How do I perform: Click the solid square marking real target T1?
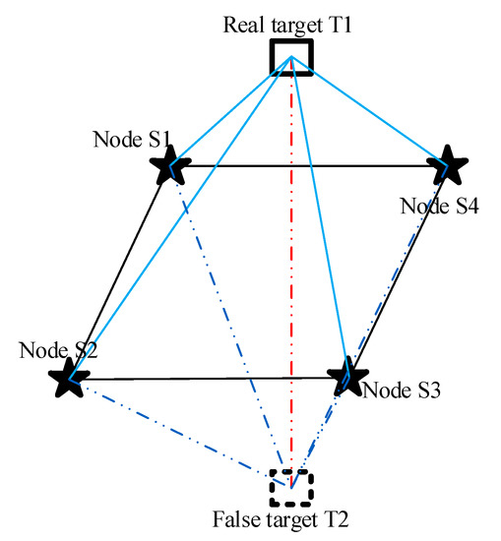[292, 57]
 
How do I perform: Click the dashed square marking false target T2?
[291, 486]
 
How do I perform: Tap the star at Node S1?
[172, 165]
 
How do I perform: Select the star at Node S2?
[69, 377]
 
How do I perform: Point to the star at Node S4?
[449, 165]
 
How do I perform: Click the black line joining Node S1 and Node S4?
[310, 166]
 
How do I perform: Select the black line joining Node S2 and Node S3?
[207, 379]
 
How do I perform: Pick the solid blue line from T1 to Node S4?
[369, 110]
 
